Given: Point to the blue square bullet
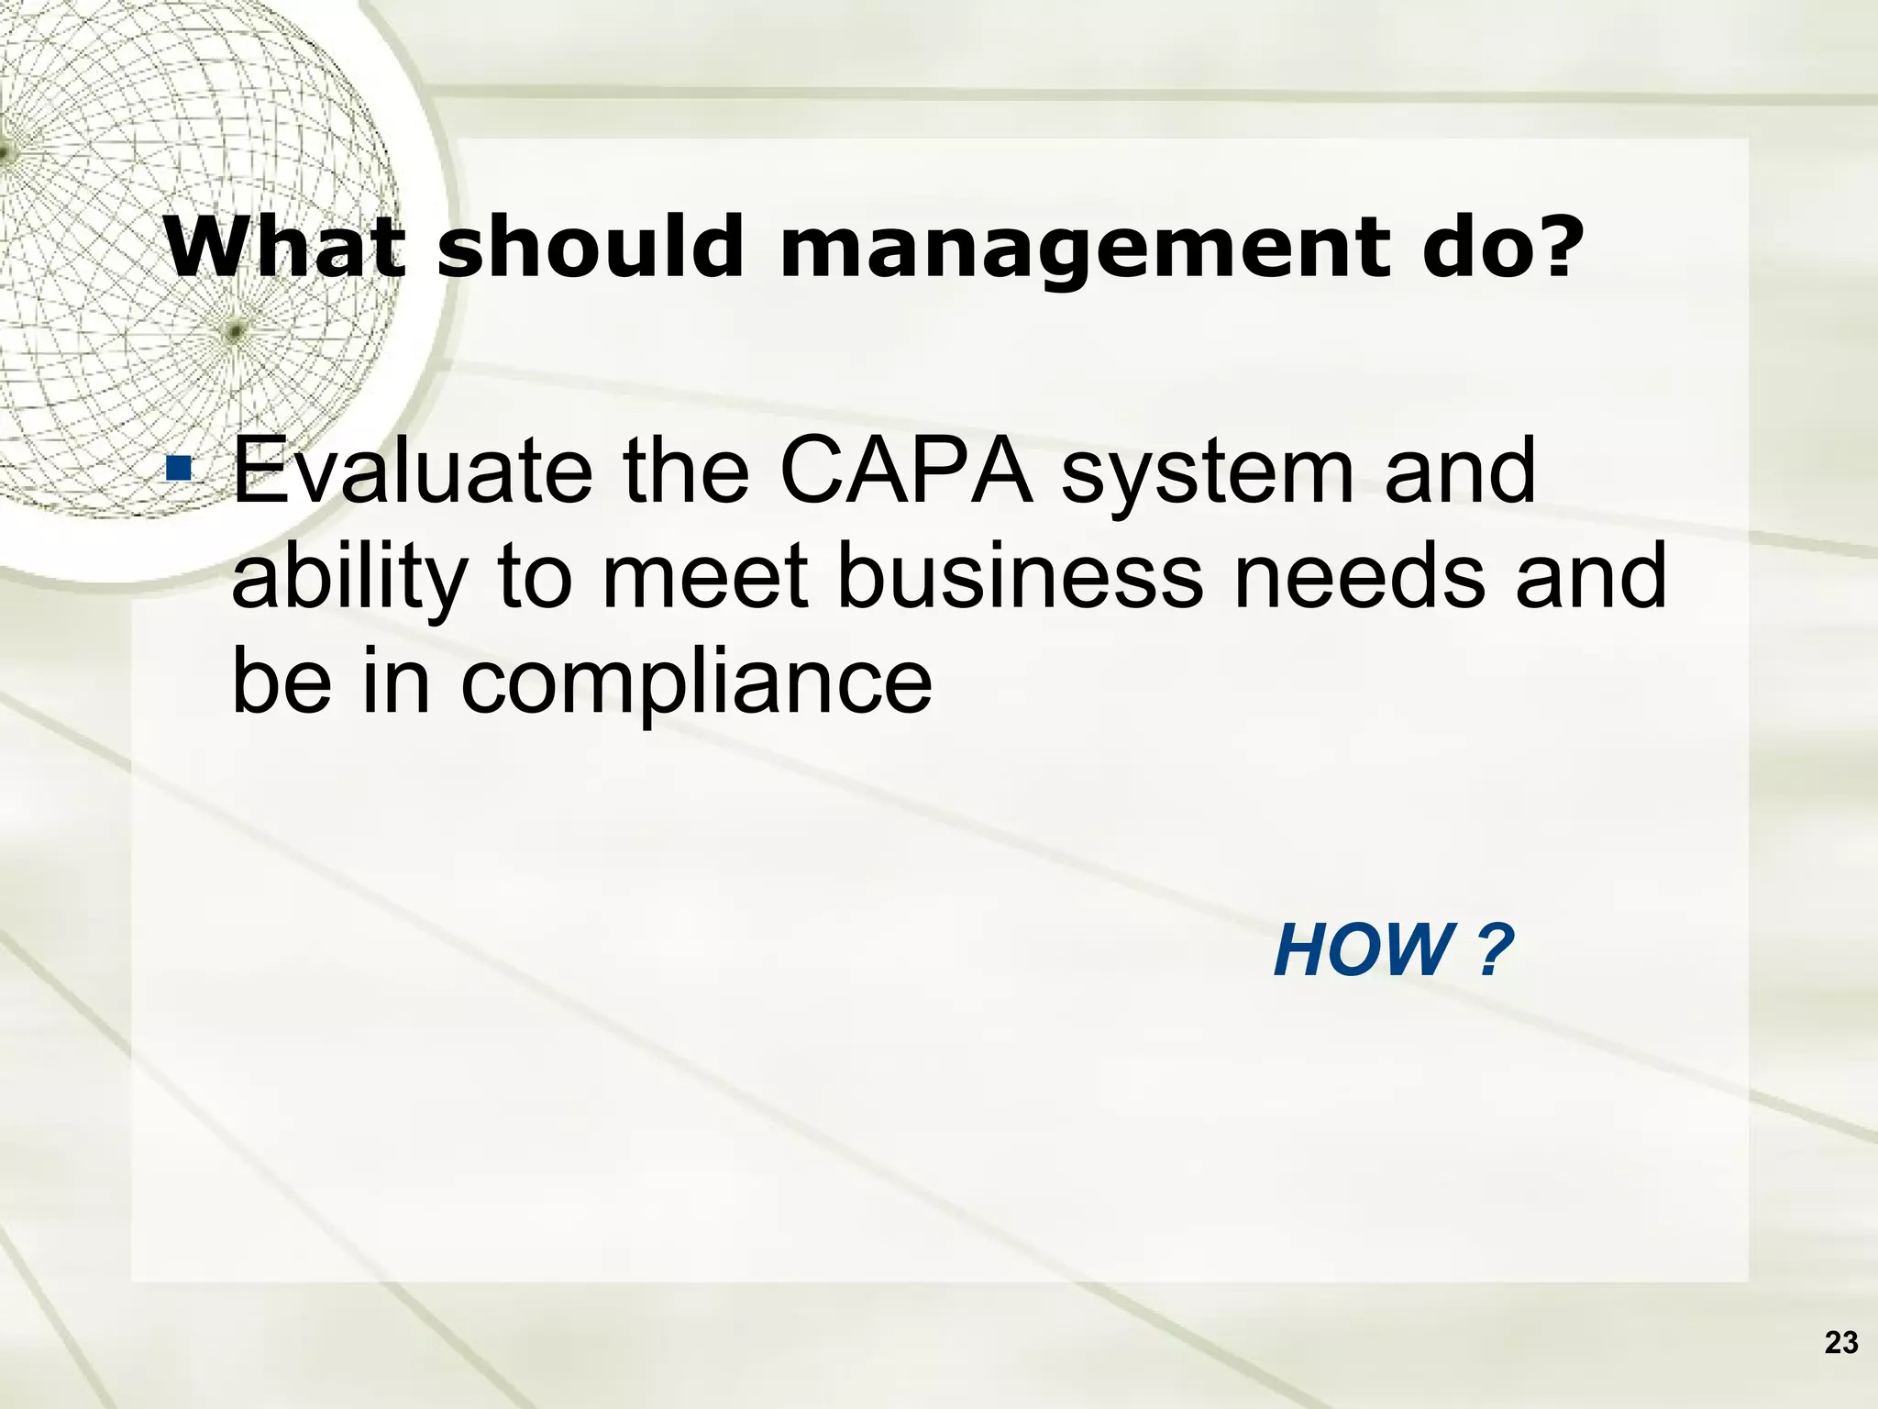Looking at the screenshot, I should pos(179,471).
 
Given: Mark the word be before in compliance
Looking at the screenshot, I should pos(281,681).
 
